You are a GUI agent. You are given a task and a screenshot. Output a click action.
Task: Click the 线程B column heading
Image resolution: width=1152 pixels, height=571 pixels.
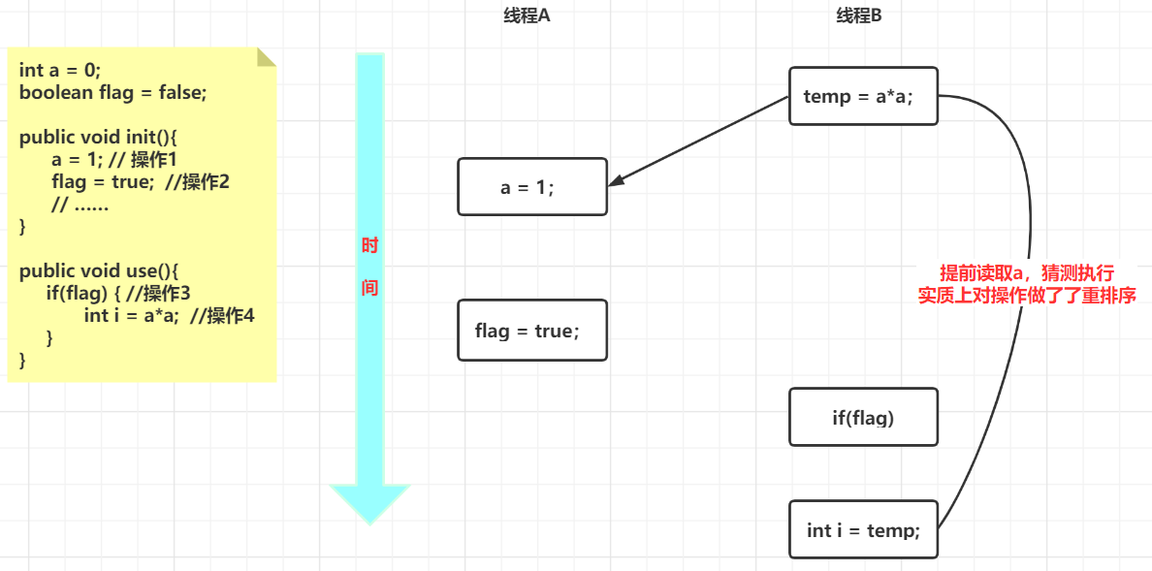(859, 16)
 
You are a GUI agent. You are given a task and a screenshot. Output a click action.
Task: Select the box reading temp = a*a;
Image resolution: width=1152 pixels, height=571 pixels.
(863, 96)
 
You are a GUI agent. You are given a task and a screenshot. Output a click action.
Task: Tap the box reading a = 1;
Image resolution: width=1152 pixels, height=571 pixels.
(531, 187)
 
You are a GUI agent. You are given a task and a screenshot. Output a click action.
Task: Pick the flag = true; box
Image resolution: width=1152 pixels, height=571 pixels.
(531, 331)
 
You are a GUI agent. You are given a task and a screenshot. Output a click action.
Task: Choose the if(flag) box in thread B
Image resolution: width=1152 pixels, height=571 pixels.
(863, 418)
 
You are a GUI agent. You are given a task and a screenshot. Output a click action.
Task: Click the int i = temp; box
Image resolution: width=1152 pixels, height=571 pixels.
(863, 529)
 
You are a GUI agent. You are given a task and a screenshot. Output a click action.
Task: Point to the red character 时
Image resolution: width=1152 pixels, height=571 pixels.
(369, 246)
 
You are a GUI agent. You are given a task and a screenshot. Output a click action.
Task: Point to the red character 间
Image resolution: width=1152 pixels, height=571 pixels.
(369, 288)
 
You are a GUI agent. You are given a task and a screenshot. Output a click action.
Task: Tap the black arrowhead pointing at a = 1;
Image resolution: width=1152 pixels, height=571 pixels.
(618, 180)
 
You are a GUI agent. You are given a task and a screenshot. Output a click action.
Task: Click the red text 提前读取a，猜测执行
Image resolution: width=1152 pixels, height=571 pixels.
(1027, 274)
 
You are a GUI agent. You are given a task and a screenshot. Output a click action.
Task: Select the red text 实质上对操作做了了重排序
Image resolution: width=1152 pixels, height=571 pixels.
(1027, 297)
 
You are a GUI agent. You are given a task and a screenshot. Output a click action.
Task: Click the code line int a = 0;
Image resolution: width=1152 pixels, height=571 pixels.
(60, 70)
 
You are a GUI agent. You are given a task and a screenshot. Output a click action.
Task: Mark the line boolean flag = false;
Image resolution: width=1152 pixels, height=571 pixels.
(112, 92)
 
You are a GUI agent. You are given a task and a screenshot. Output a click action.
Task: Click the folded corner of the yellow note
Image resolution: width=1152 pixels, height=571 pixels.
(267, 56)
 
